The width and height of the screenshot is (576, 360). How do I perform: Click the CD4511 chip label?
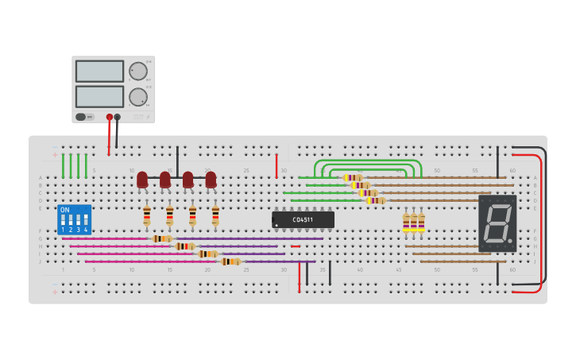(303, 219)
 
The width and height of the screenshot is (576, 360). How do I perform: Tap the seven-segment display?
(497, 223)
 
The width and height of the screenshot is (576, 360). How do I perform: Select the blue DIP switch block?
(74, 219)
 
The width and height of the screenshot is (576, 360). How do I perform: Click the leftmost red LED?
(142, 180)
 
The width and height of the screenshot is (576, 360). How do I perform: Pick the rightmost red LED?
(211, 180)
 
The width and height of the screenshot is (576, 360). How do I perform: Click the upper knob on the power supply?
(138, 71)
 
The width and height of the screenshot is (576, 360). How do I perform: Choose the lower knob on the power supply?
(138, 97)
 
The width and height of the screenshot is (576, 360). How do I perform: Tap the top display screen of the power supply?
(99, 71)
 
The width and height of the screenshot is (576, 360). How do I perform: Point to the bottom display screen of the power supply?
(99, 96)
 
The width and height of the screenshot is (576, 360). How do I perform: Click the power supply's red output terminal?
(110, 117)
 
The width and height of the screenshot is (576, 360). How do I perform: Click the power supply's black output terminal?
(118, 117)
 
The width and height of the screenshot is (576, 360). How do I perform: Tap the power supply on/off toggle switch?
(81, 117)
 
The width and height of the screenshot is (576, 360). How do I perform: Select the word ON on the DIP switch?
(64, 210)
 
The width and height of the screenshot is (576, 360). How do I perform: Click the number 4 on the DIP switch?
(86, 230)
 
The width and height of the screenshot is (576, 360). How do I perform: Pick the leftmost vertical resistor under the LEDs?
(147, 215)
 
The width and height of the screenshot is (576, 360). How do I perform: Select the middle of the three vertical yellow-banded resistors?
(414, 223)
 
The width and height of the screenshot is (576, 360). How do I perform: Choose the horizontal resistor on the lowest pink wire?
(230, 261)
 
